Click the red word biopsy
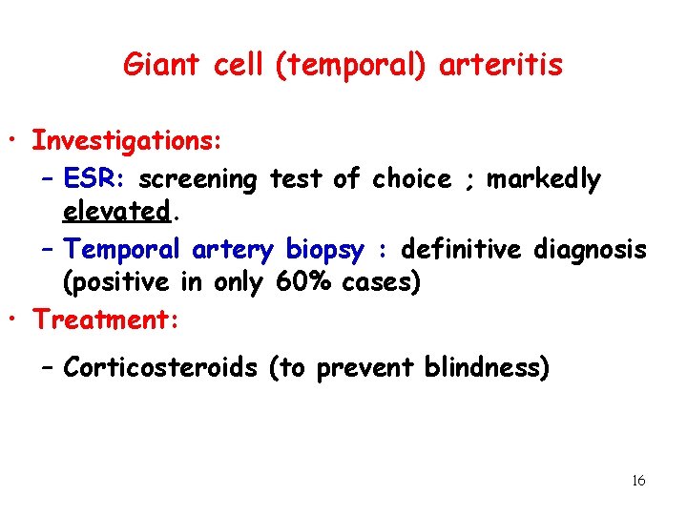(x=324, y=250)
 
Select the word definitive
(x=460, y=250)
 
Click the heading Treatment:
(x=106, y=319)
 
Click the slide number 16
(x=638, y=481)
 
